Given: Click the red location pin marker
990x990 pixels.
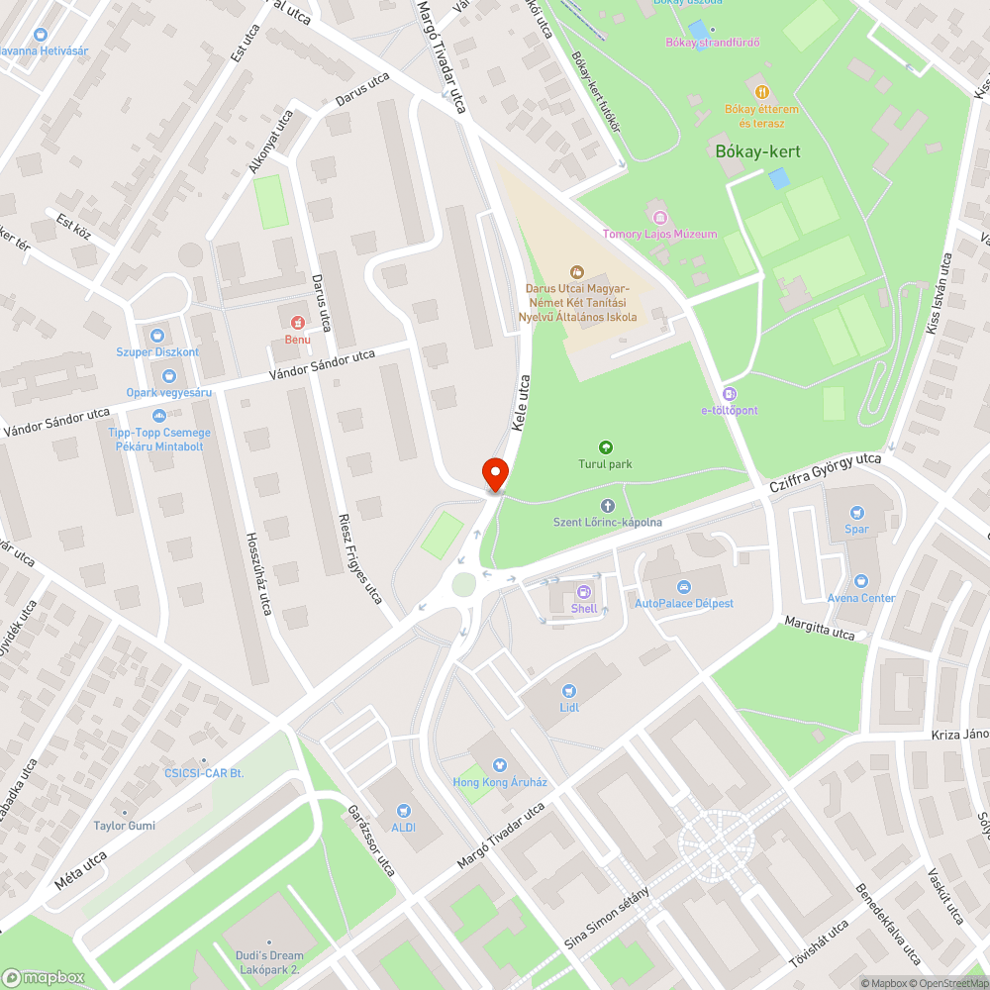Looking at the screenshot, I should tap(494, 473).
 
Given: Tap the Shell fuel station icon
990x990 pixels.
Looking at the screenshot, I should tap(584, 592).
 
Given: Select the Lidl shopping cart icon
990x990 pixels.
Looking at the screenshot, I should tap(568, 691).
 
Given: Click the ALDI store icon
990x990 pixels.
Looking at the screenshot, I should tap(404, 810).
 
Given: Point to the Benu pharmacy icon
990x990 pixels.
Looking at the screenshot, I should tap(297, 323).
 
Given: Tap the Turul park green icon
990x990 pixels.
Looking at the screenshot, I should tap(606, 447).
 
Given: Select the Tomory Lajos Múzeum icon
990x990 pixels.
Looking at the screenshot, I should tap(659, 217).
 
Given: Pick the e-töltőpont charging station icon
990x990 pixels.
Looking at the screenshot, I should tap(730, 393).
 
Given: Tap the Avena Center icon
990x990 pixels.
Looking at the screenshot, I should tap(861, 581).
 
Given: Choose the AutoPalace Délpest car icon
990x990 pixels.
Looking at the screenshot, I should tap(684, 586).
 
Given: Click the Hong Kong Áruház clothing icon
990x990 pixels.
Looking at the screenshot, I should tap(500, 765).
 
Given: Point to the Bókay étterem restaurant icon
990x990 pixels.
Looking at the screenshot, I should tap(760, 91).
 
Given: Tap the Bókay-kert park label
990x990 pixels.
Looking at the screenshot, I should tap(757, 151).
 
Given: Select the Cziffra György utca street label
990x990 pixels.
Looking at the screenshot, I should tap(826, 474).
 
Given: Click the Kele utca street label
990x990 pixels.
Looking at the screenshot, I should tap(521, 402).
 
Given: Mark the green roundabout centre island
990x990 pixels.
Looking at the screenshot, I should tap(464, 585).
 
